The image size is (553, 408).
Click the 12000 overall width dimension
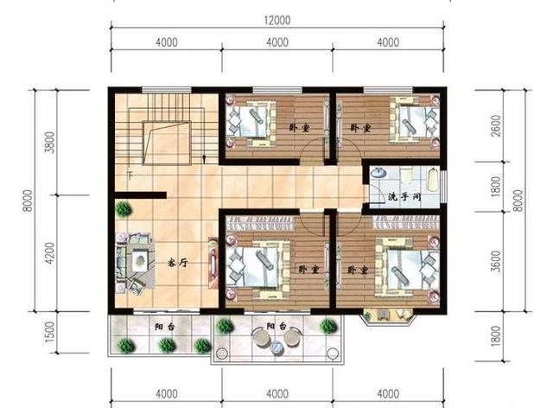(277, 20)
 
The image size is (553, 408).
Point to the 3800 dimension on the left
(51, 143)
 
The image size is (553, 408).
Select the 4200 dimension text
(51, 253)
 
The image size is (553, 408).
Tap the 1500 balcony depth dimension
(51, 332)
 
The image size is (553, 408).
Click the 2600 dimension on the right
(496, 126)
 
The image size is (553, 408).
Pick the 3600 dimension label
(496, 261)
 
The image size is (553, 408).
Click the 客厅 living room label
(177, 263)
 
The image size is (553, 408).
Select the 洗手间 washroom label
(404, 196)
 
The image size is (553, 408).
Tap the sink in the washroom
(379, 173)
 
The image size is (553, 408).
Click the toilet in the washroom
(406, 175)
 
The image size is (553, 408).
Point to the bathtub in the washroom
(433, 180)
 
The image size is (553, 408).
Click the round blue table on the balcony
(276, 347)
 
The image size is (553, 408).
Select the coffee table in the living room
(140, 260)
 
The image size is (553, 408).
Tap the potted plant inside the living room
(123, 209)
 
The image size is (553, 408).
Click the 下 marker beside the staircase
(130, 175)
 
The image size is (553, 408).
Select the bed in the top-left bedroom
(250, 122)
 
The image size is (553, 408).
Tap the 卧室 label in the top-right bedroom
(360, 127)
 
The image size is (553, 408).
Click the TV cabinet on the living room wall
(213, 263)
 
